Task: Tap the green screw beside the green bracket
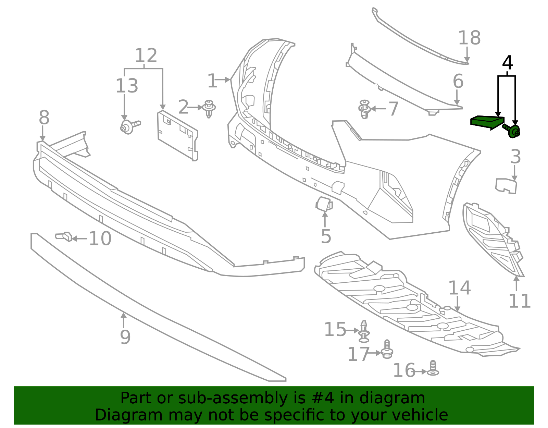(513, 131)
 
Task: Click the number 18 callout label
(469, 38)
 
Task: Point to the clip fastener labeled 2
(209, 108)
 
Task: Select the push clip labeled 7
(364, 109)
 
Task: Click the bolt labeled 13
(129, 127)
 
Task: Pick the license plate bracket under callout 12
(177, 136)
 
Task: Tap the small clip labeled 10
(64, 236)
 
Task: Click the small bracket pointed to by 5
(324, 204)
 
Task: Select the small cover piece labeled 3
(506, 186)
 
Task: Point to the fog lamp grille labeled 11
(490, 236)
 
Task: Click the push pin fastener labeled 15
(364, 331)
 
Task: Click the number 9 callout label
(125, 337)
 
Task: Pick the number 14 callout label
(459, 288)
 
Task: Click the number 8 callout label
(44, 118)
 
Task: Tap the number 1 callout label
(212, 81)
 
